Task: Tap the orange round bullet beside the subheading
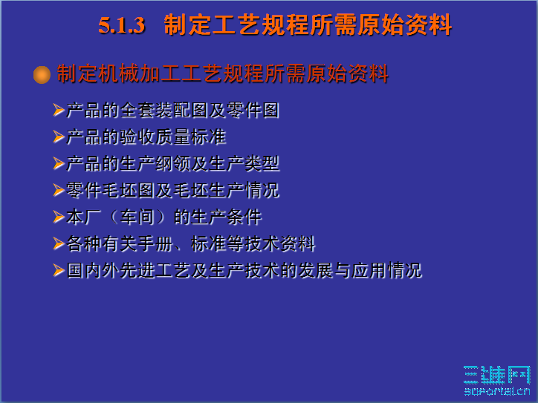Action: coord(42,75)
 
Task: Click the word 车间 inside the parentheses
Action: coord(137,217)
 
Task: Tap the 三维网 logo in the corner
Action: coord(497,379)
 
